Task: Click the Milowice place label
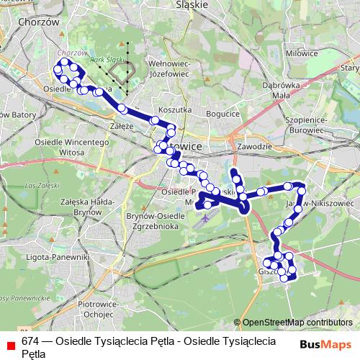pos(301,53)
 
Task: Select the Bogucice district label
pos(222,114)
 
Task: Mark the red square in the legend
pos(11,345)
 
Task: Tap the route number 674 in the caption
pos(30,341)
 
